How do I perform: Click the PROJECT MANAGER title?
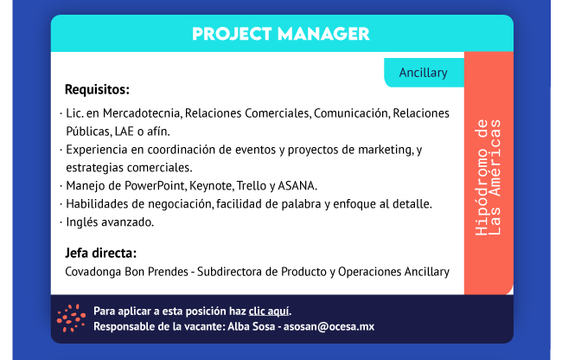281,34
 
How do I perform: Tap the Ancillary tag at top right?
424,73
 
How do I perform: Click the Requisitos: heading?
97,90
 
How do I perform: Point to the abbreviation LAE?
124,132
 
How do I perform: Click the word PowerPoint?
154,186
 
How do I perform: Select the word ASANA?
297,186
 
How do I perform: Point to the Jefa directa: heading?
100,254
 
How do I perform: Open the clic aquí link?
269,312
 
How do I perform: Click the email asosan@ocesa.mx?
329,326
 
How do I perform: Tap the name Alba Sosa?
252,326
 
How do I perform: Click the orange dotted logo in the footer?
71,318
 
